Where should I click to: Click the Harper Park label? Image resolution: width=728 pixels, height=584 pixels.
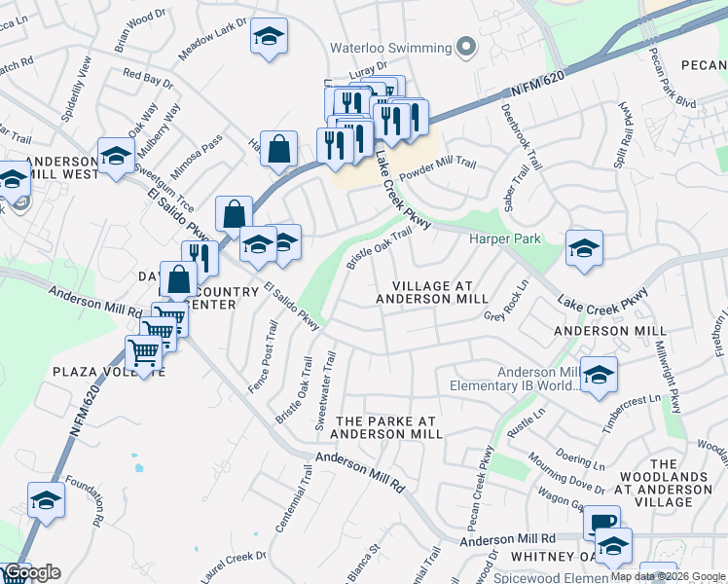[504, 238]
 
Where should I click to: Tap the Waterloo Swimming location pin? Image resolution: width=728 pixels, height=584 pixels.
[466, 48]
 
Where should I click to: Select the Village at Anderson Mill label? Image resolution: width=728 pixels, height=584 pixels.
[439, 292]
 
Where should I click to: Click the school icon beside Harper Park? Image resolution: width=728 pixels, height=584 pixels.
[584, 248]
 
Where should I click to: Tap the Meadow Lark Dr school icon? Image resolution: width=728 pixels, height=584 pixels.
[269, 37]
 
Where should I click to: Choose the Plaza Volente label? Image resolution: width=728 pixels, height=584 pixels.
[109, 372]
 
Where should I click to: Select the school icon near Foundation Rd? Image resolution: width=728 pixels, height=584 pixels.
[46, 500]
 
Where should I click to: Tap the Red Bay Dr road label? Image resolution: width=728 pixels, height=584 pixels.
[148, 77]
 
